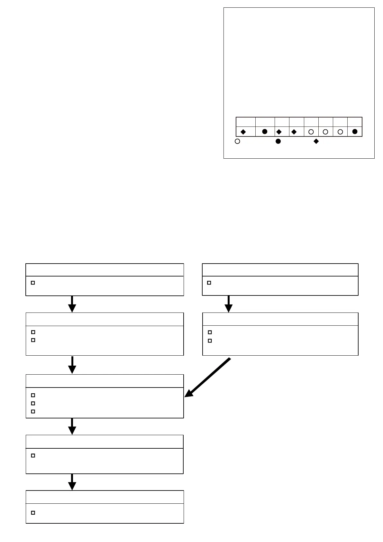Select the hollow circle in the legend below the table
237,141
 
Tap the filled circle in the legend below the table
278,141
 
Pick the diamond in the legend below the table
316,141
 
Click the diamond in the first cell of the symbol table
243,132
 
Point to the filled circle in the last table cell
355,132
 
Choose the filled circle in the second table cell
265,132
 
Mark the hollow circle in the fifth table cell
311,132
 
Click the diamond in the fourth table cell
294,132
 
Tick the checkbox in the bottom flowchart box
33,513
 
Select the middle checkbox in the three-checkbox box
33,403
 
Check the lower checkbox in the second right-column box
210,341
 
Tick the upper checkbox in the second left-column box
33,332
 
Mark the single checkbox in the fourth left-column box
33,456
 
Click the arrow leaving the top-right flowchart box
228,304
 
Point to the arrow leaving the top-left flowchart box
72,304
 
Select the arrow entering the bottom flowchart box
72,482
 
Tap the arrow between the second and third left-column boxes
72,365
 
